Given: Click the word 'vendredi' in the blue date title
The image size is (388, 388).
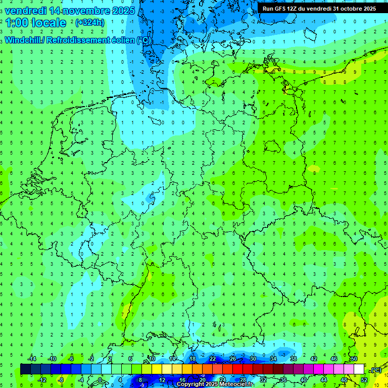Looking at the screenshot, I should pyautogui.click(x=26, y=11).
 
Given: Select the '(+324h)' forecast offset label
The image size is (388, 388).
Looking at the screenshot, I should pyautogui.click(x=90, y=23).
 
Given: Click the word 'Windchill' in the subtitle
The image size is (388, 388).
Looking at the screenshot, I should pyautogui.click(x=23, y=40).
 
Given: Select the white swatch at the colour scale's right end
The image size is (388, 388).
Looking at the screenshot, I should pyautogui.click(x=359, y=369).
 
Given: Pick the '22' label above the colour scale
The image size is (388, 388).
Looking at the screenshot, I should pyautogui.click(x=213, y=359).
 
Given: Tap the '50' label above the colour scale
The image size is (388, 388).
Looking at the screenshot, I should pyautogui.click(x=354, y=359).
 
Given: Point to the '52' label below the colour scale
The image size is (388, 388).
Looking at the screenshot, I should pyautogui.click(x=364, y=380).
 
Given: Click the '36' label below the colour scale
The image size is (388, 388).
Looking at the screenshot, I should pyautogui.click(x=283, y=380).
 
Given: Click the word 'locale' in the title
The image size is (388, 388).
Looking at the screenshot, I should pyautogui.click(x=48, y=23).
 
